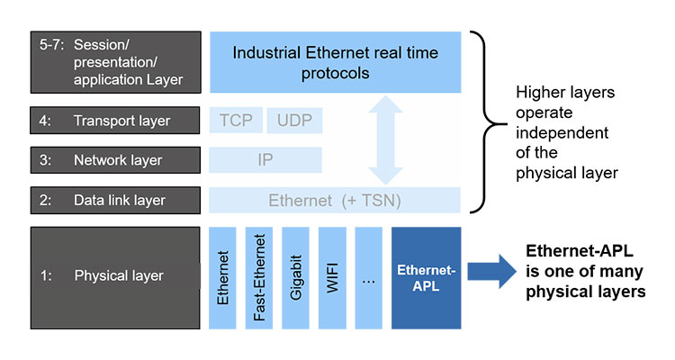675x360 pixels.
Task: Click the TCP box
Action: (237, 121)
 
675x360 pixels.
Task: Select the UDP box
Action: (294, 121)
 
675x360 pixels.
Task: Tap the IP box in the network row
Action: (265, 160)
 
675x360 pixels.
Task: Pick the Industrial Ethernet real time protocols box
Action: (335, 62)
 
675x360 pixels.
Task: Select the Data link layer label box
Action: (114, 200)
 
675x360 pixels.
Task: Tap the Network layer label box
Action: (114, 160)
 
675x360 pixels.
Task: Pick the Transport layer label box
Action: (114, 121)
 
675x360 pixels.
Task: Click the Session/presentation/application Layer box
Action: (114, 62)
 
